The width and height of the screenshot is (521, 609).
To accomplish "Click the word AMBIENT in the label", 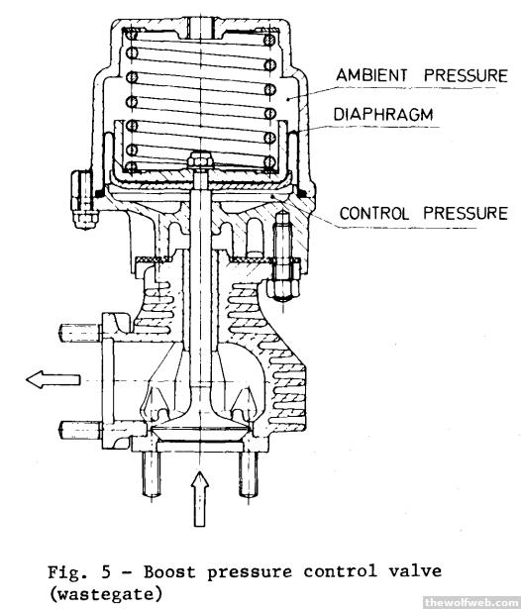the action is [x=371, y=75].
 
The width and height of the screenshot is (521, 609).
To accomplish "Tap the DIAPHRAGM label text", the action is [x=383, y=115].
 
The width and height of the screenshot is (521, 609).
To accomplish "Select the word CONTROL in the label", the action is [x=374, y=214].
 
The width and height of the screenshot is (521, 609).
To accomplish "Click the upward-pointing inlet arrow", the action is [x=200, y=499].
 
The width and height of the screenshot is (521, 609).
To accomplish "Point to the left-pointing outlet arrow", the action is [x=52, y=379].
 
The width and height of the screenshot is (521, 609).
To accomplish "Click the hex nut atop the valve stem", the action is [x=200, y=160].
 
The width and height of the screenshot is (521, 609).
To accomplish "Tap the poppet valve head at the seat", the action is [x=200, y=432].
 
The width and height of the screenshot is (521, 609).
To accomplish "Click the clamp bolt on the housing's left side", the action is [x=83, y=199].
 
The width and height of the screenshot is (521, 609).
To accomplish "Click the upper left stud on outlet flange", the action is [x=80, y=334].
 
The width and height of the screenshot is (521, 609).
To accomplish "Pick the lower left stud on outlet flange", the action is [x=80, y=431].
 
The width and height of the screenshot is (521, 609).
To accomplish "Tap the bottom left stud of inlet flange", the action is [x=152, y=474].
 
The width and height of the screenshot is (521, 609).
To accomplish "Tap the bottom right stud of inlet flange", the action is [x=248, y=474].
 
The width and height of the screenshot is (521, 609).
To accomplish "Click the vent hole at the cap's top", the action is [x=200, y=27].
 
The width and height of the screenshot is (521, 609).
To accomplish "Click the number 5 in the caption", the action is [x=106, y=572].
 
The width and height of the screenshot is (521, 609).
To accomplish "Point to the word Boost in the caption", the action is [x=169, y=572].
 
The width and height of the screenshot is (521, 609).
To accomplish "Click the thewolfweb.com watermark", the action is [x=472, y=602].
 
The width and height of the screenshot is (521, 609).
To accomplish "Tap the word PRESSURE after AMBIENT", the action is [x=466, y=75].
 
